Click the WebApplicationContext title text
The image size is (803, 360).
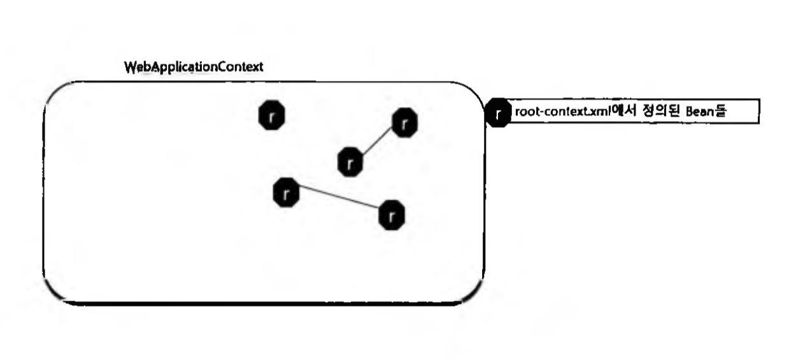click(194, 68)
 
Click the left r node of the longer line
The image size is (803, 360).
click(286, 192)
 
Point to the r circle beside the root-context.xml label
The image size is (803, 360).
click(498, 113)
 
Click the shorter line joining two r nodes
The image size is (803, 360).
click(378, 141)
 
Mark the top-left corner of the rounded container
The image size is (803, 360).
click(53, 92)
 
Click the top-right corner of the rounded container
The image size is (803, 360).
click(474, 92)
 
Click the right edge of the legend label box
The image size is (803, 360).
click(759, 112)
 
